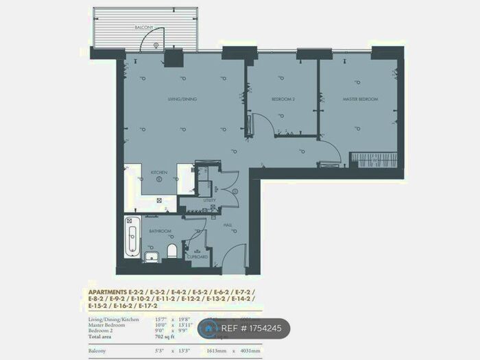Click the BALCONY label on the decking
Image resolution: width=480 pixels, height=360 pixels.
tap(144, 27)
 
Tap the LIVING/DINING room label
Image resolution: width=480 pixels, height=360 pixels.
tap(182, 99)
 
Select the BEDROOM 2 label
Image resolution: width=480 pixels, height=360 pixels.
tap(283, 99)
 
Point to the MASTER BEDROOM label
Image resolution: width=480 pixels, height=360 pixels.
tap(360, 99)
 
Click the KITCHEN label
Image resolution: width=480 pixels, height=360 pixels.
tap(158, 172)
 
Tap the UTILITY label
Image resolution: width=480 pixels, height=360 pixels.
tap(210, 200)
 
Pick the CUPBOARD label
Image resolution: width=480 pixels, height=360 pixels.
tap(197, 257)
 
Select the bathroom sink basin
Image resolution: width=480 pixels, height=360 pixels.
tap(152, 256)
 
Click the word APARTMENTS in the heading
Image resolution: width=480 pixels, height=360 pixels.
tap(108, 292)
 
